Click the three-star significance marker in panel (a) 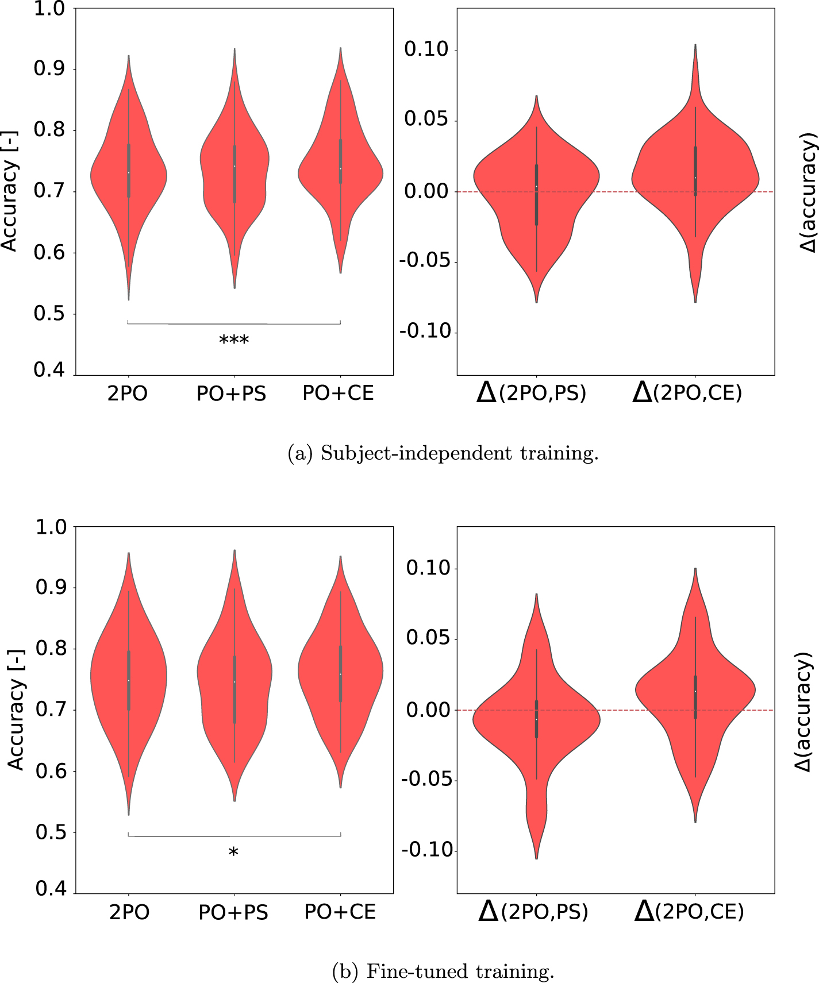234,340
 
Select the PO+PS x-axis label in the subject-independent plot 232,394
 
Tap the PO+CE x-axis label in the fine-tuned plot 340,912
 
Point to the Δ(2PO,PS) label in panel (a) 532,393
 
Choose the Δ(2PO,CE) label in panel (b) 689,911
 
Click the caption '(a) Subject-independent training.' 443,454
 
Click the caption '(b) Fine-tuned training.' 443,972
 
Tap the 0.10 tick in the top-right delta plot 426,50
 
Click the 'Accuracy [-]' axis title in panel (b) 16,710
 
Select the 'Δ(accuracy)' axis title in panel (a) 808,192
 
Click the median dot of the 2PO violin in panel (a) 129,173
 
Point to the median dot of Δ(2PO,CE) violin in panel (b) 695,691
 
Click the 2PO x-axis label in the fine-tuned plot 129,912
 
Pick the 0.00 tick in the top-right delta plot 426,191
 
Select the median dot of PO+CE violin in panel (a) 340,168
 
